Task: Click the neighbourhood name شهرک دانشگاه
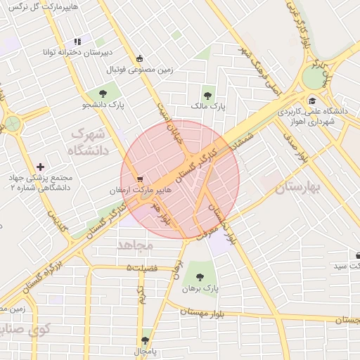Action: (x=87, y=141)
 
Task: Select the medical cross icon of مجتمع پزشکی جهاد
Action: (x=40, y=167)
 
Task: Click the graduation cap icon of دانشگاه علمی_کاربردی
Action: (x=311, y=100)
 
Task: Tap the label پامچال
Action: (x=146, y=350)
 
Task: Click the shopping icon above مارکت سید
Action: (x=359, y=256)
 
